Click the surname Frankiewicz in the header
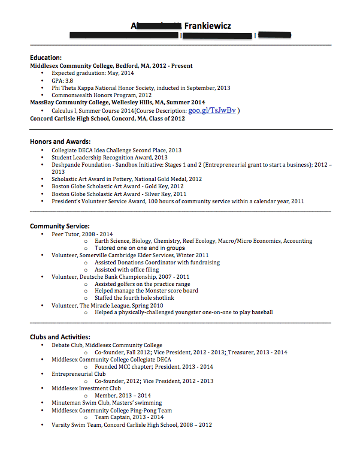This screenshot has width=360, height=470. pyautogui.click(x=207, y=25)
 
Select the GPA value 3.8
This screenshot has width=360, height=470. pyautogui.click(x=69, y=80)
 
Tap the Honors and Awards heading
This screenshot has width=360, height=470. pyautogui.click(x=60, y=141)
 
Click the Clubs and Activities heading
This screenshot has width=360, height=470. pyautogui.click(x=60, y=337)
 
